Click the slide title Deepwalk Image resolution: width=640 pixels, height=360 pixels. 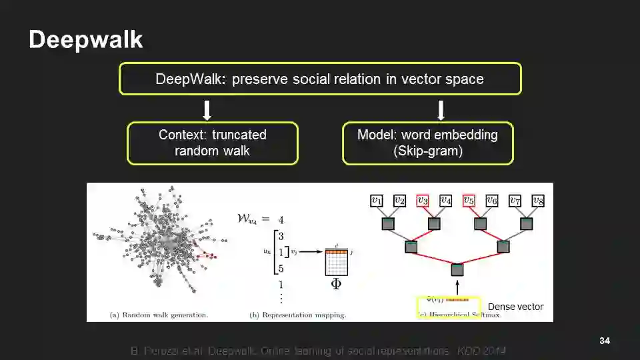(x=85, y=40)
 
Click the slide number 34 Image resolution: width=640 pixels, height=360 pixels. (x=605, y=341)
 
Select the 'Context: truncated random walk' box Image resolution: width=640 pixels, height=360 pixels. (x=213, y=143)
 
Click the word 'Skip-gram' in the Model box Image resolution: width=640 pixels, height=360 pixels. (x=428, y=151)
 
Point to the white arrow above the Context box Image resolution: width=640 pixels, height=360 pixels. (x=207, y=110)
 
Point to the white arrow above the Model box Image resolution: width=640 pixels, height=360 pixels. (x=441, y=110)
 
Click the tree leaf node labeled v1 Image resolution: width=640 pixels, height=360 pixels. (x=377, y=200)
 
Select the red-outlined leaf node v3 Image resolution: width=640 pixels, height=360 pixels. (x=423, y=200)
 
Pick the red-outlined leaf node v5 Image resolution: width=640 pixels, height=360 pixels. (x=469, y=200)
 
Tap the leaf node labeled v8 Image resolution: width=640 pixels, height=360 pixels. (x=537, y=200)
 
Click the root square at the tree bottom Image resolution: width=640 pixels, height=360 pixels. (x=457, y=270)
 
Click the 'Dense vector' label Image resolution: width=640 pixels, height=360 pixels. (x=515, y=307)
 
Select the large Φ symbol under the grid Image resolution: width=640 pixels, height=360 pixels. (x=336, y=284)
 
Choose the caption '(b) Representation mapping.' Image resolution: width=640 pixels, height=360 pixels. (x=297, y=314)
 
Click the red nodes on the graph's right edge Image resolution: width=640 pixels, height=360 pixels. (x=210, y=255)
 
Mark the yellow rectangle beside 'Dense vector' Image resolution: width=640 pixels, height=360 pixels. (x=448, y=307)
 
